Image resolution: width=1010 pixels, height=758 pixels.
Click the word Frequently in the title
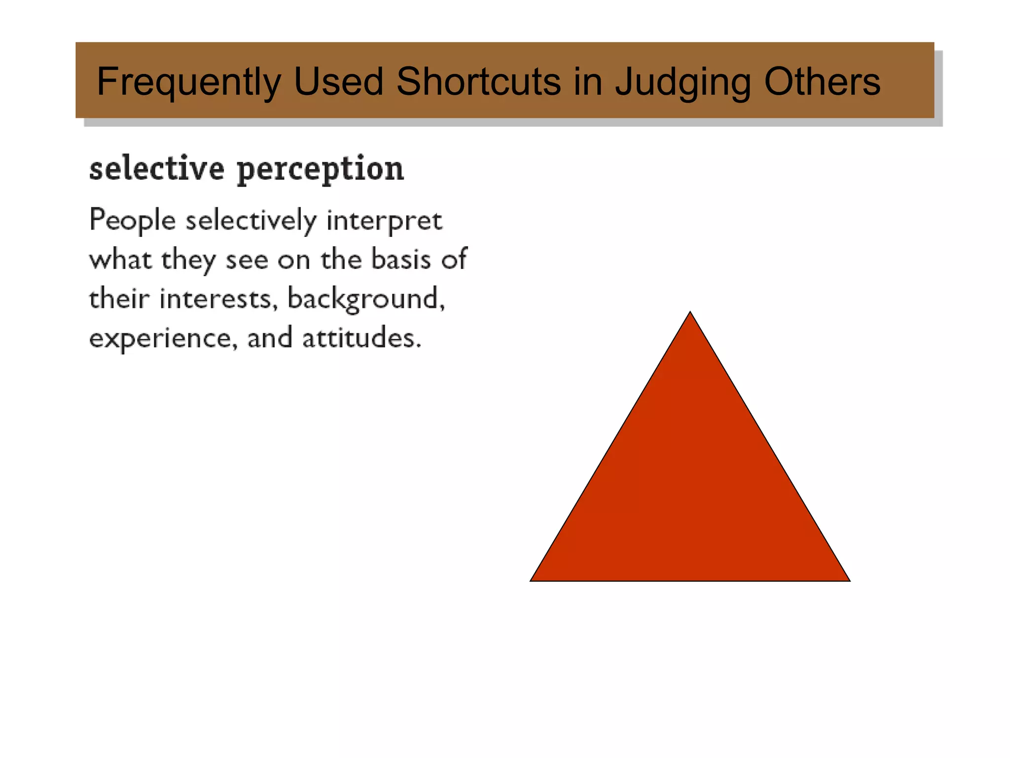(x=189, y=81)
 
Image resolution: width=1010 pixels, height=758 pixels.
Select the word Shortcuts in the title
(x=478, y=81)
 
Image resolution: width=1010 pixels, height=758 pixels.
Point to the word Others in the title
(x=822, y=81)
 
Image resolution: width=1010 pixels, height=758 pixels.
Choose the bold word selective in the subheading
(x=157, y=169)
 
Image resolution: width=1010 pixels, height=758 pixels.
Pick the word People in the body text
(x=132, y=220)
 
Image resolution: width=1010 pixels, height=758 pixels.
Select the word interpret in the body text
(x=384, y=221)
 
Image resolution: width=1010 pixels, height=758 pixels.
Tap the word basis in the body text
(x=401, y=259)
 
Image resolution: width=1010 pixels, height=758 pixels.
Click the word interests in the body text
(x=216, y=299)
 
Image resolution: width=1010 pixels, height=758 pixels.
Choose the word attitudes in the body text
(x=361, y=338)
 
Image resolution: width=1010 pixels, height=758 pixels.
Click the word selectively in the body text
(x=251, y=220)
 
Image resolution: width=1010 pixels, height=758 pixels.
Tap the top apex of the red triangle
(x=690, y=313)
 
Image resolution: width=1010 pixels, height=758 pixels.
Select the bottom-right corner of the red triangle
(x=848, y=580)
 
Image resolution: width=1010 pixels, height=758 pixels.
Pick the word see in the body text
(x=247, y=260)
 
